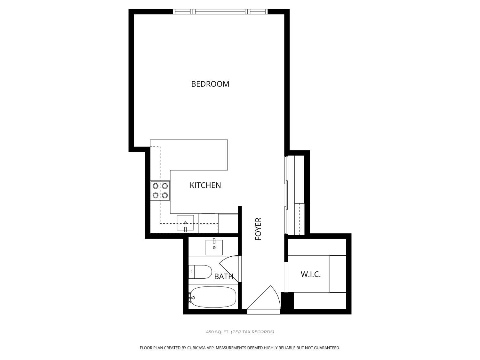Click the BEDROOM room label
(x=210, y=84)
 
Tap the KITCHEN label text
(x=205, y=185)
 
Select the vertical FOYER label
(x=258, y=229)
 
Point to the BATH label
(x=224, y=276)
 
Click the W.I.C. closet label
(x=310, y=274)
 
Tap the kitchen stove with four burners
(x=160, y=190)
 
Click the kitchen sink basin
(x=185, y=223)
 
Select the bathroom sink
(x=214, y=247)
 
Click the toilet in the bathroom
(x=200, y=272)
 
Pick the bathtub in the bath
(x=213, y=297)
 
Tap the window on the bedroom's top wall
(x=220, y=12)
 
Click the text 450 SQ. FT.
(x=218, y=332)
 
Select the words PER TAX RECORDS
(x=252, y=332)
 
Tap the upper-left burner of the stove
(x=156, y=186)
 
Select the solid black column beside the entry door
(x=287, y=301)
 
